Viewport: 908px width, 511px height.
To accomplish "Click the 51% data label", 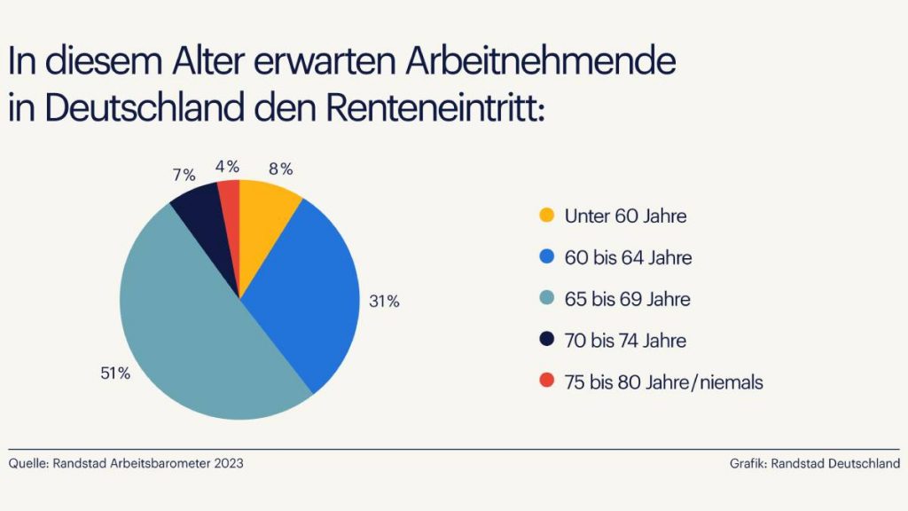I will tap(115, 373).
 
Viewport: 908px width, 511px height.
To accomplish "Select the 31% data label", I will tap(384, 302).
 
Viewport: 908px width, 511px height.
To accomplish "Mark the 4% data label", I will tap(228, 166).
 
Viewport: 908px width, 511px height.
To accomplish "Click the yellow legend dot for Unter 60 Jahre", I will tap(546, 216).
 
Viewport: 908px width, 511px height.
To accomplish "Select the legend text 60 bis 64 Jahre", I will tap(628, 258).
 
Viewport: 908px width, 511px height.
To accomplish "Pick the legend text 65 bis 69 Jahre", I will tap(627, 299).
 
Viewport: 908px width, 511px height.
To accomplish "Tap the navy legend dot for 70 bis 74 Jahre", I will tap(546, 341).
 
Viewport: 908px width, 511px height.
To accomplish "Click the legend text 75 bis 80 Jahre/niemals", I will tap(664, 381).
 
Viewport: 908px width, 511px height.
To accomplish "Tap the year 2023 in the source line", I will tap(227, 463).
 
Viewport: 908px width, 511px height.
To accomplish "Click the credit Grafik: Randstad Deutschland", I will tap(815, 463).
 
